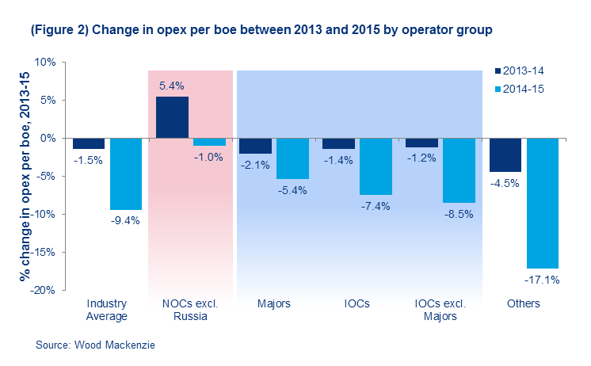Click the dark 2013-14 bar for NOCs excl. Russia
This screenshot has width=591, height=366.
[172, 117]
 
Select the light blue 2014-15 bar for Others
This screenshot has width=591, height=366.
[543, 203]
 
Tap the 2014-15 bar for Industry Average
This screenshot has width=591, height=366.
[126, 173]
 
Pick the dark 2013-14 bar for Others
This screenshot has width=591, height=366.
[505, 154]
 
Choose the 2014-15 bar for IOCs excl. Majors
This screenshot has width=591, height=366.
[459, 170]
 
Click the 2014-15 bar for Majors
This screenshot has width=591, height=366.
[292, 158]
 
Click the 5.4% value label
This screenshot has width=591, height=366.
[173, 85]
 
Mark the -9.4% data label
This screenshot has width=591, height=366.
[125, 221]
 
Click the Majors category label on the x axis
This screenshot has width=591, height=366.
[274, 304]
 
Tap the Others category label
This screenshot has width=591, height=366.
[524, 304]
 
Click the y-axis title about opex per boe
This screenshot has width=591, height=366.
[17, 176]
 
